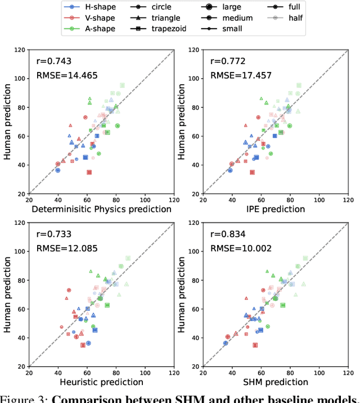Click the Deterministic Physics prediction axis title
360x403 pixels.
pyautogui.click(x=101, y=209)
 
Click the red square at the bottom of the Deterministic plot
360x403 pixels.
pyautogui.click(x=89, y=172)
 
